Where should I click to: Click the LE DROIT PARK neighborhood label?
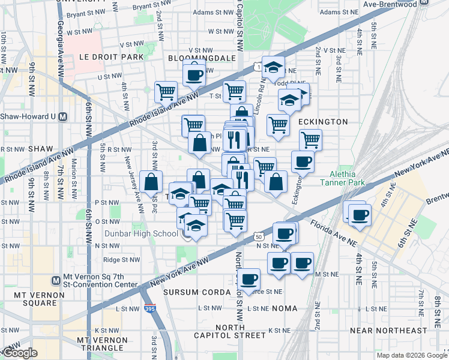[x=111, y=57]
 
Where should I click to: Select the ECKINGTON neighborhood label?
[x=323, y=122]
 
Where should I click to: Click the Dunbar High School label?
[x=145, y=234]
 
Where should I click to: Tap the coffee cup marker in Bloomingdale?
[x=194, y=74]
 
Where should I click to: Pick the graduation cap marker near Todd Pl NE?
[x=273, y=68]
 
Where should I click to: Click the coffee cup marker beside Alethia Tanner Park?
[x=303, y=161]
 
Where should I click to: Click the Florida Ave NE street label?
[x=333, y=230]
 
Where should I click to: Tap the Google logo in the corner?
[x=19, y=353]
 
